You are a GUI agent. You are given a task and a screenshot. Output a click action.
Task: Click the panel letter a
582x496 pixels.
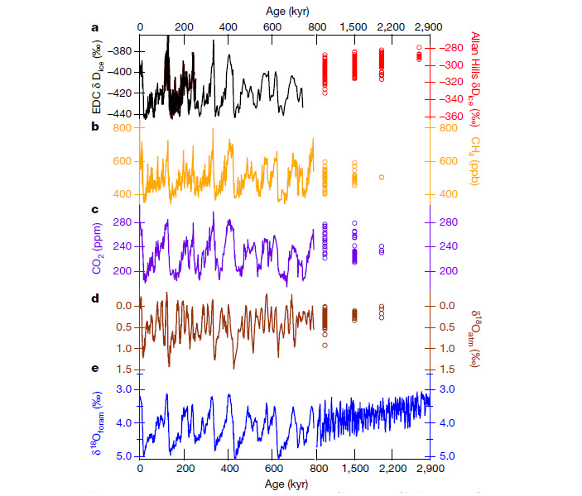pyautogui.click(x=94, y=27)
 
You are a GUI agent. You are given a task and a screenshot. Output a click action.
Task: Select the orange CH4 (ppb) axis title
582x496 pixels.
pyautogui.click(x=476, y=160)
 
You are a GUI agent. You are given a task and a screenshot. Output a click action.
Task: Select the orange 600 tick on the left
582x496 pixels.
pyautogui.click(x=122, y=161)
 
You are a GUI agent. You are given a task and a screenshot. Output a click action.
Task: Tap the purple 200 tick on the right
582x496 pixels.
pyautogui.click(x=446, y=270)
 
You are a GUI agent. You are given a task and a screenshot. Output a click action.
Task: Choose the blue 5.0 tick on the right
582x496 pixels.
pyautogui.click(x=445, y=456)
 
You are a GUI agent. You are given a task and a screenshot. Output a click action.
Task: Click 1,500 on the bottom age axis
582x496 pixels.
pyautogui.click(x=354, y=468)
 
